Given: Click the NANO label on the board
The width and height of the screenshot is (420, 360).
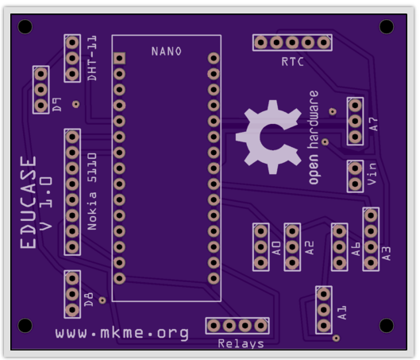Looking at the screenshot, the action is coord(167,51).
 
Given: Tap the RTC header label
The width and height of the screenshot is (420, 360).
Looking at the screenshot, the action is coord(292,62).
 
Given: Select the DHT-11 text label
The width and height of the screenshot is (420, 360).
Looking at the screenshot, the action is coord(92,58).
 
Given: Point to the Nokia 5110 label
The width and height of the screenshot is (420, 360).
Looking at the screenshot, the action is coord(92,192).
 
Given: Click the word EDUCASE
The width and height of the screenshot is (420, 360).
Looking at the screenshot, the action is coord(28,203).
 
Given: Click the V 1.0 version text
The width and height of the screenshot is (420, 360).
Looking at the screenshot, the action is coord(46,203).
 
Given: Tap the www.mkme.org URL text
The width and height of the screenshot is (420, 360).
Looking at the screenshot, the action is coord(122,333).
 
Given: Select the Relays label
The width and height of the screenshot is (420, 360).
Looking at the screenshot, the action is coord(241,344).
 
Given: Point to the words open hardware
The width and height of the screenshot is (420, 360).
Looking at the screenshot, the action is coord(314,137).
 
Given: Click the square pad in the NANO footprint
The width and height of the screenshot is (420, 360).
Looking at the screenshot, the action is coord(119,58).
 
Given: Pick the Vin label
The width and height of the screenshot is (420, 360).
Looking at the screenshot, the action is coord(372,174).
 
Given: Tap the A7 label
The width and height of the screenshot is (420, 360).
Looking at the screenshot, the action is coord(373,124).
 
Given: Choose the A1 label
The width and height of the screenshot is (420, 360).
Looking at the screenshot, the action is coord(341,312).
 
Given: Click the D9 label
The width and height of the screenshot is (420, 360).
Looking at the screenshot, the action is coord(56,105).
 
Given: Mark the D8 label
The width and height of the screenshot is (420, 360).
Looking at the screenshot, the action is coord(88,300).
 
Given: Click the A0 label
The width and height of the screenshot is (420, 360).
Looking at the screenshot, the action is coord(276,248).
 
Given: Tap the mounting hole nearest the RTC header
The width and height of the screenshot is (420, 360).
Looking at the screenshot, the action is coord(387,26).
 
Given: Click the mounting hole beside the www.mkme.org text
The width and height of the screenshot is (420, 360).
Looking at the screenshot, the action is coord(25,325).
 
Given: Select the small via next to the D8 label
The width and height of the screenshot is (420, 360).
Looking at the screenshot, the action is coord(102,300).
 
